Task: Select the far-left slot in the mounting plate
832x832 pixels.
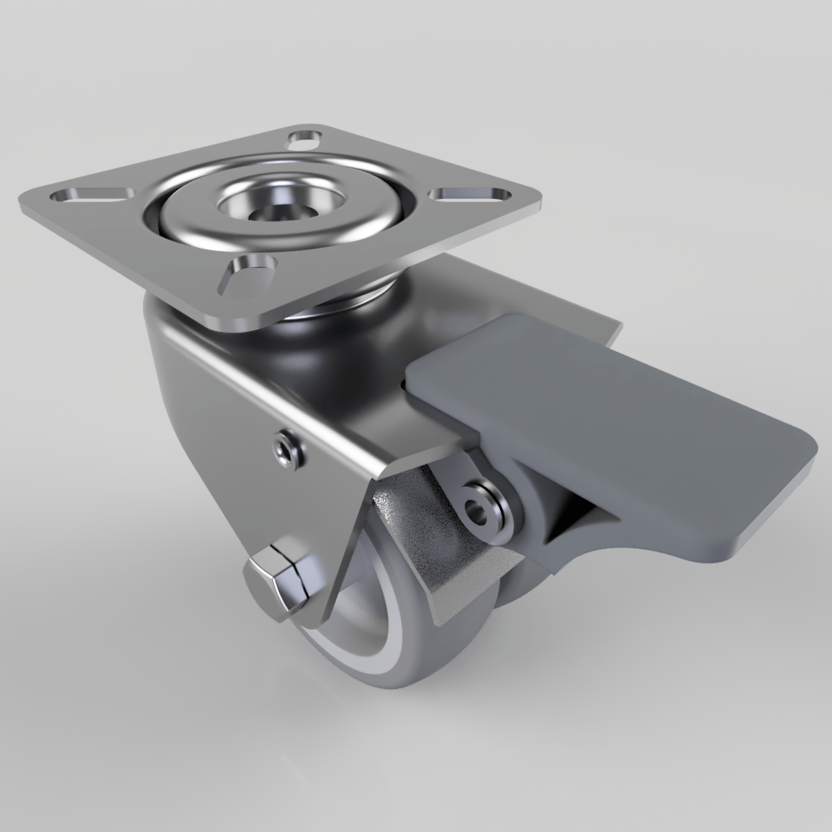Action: (x=91, y=195)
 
